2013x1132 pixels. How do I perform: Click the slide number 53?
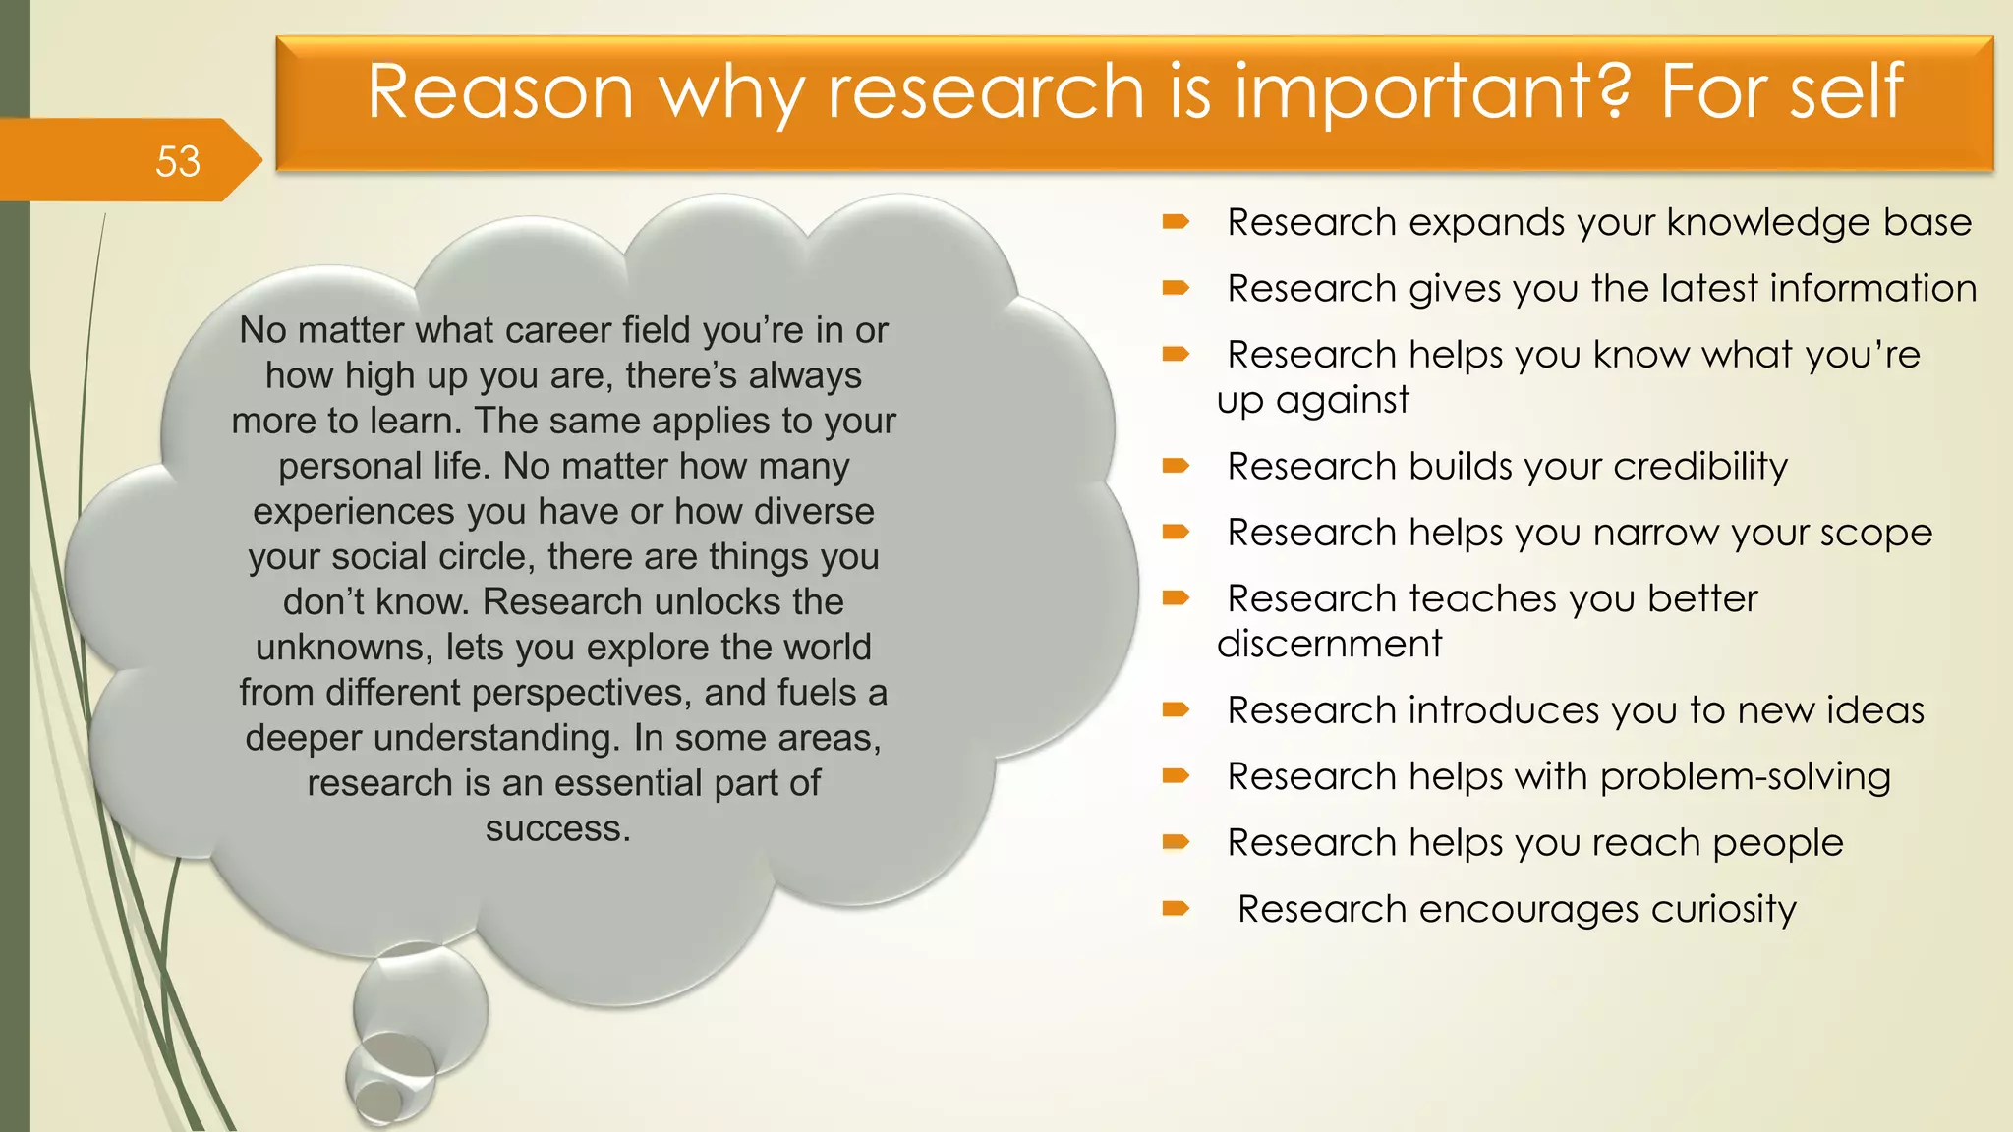(178, 161)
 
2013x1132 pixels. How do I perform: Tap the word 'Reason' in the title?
(500, 91)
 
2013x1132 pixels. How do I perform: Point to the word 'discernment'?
(1329, 645)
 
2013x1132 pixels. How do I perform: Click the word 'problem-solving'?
(1745, 777)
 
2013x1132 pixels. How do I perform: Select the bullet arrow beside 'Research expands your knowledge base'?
(1176, 223)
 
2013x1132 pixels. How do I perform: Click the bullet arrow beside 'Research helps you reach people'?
(1176, 842)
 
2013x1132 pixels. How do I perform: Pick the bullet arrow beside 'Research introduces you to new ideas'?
(1176, 709)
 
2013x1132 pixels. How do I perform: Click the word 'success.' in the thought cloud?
(558, 828)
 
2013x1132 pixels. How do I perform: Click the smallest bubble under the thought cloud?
(376, 1101)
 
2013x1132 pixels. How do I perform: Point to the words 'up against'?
(1312, 401)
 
